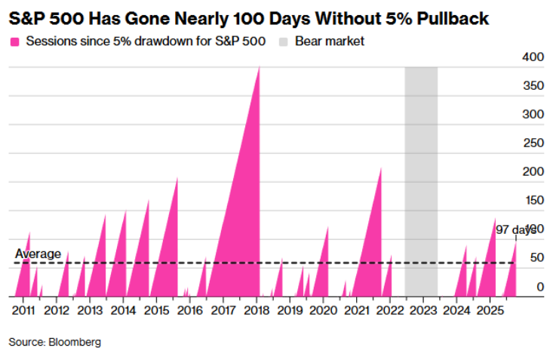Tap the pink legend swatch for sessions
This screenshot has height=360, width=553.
(x=14, y=41)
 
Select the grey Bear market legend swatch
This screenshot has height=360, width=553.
(x=285, y=41)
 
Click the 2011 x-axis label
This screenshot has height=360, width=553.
(x=23, y=309)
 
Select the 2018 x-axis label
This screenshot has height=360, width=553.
(x=257, y=309)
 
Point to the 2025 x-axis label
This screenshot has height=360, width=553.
(x=490, y=309)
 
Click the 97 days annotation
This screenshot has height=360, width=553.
(x=515, y=229)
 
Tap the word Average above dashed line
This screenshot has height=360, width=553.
(x=38, y=254)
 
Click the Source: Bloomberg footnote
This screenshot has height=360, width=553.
(x=54, y=342)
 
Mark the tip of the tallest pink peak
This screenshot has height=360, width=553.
(x=260, y=67)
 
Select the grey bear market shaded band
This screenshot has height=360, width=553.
(x=421, y=181)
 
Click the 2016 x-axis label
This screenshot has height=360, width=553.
(x=190, y=309)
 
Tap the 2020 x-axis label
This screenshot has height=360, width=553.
(x=324, y=309)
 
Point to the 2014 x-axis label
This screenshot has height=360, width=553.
(x=123, y=309)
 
